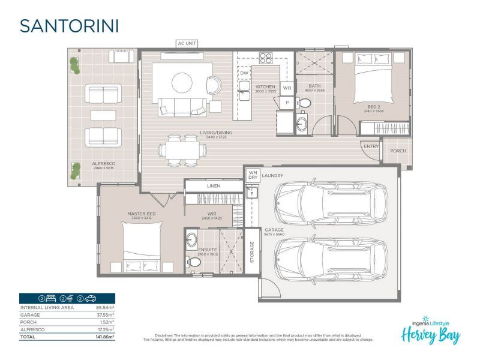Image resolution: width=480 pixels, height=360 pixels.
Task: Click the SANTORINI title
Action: [69, 26]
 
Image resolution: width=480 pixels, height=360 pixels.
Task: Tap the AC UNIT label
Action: [186, 43]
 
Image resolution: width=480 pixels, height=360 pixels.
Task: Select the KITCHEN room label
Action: [265, 87]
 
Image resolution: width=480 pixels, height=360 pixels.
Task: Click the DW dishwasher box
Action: [244, 73]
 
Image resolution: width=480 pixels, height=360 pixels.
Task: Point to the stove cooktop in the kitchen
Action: [265, 59]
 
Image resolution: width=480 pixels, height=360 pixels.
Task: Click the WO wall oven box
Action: [287, 88]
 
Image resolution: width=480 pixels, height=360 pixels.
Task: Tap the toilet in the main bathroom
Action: [304, 104]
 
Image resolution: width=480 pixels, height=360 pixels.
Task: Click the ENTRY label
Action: [371, 146]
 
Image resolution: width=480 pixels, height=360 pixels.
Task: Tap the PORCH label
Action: [398, 151]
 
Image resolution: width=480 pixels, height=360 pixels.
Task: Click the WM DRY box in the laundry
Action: [252, 175]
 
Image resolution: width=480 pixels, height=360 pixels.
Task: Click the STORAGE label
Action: [252, 252]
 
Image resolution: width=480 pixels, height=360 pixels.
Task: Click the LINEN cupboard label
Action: [213, 186]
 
